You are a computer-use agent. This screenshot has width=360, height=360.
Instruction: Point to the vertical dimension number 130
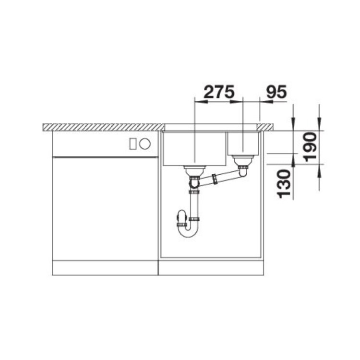point(283,183)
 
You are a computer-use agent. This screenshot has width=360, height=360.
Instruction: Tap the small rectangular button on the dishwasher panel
point(133,144)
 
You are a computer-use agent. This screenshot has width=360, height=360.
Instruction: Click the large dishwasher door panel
point(105,209)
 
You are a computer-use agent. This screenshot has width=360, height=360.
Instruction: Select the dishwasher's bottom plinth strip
point(105,268)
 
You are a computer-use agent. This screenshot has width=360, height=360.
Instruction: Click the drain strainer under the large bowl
point(194,168)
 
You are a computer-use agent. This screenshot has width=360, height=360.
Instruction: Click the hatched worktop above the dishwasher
point(103,127)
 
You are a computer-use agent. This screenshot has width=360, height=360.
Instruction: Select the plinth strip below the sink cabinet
point(211,268)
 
